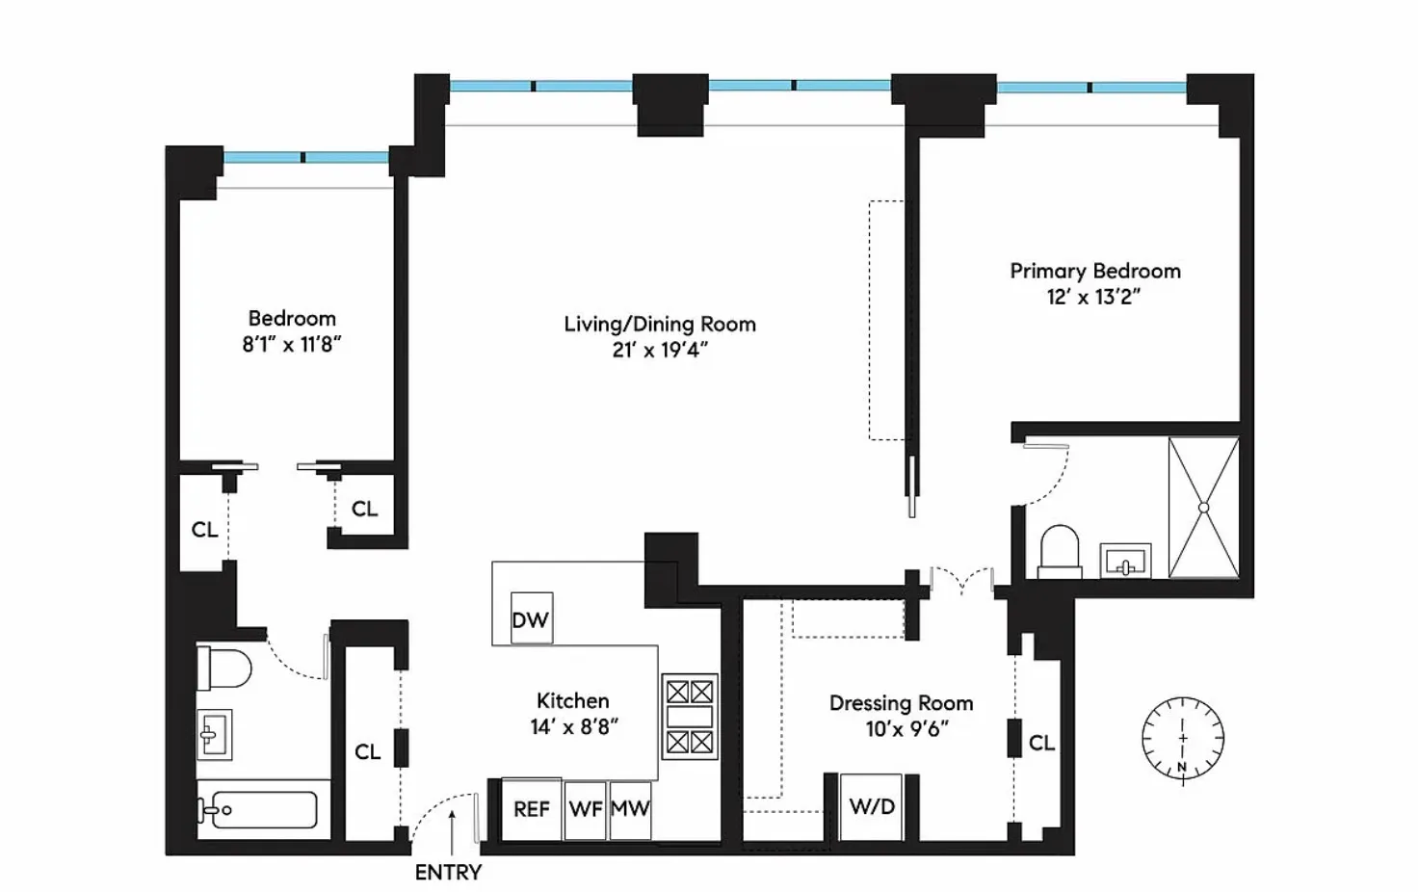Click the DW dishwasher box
(x=531, y=618)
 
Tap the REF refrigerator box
(x=531, y=808)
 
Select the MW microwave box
(x=630, y=808)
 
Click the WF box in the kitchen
(x=585, y=808)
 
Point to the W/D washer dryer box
(x=872, y=806)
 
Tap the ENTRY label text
(x=448, y=872)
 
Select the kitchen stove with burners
(x=690, y=717)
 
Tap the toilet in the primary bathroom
(x=1059, y=552)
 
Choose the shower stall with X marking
(x=1203, y=507)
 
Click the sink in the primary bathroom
(x=1125, y=561)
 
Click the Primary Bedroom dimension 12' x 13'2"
(x=1093, y=297)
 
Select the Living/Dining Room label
(x=660, y=324)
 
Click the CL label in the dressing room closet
(x=1041, y=743)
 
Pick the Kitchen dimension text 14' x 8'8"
(x=573, y=726)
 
